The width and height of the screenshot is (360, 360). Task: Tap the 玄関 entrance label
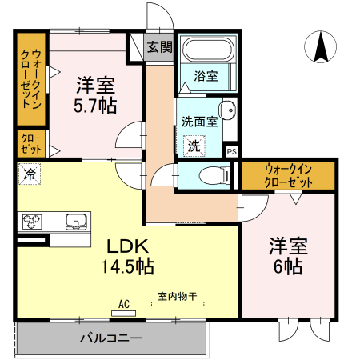[159, 47]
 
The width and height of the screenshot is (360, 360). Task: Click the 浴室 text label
[207, 77]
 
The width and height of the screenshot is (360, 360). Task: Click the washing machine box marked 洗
[194, 146]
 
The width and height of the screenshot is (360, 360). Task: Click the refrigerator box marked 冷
[30, 172]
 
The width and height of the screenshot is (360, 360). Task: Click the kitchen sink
[76, 222]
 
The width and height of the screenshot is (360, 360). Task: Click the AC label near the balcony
[124, 304]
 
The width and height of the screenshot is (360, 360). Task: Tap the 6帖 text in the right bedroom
[289, 267]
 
